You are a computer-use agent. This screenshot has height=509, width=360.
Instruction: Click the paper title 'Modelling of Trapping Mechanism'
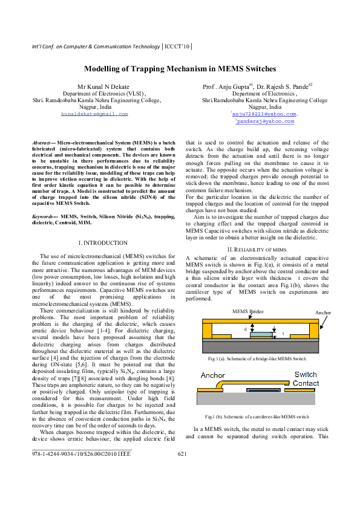[180, 70]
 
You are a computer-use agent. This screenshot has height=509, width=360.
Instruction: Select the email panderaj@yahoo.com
[265, 121]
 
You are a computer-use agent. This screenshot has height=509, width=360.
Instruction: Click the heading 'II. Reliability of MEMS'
[256, 249]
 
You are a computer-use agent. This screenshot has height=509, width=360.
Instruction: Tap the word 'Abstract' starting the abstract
[42, 141]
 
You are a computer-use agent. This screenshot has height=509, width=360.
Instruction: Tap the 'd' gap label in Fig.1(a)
[245, 329]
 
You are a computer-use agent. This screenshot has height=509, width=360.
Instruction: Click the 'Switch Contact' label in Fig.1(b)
[306, 379]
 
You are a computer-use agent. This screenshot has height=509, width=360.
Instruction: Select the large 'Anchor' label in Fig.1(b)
[212, 375]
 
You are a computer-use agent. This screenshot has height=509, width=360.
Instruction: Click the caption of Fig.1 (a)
[257, 359]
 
